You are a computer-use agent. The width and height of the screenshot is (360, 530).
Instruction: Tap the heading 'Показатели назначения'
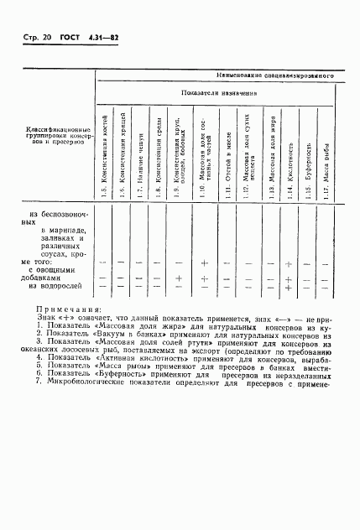(x=216, y=94)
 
